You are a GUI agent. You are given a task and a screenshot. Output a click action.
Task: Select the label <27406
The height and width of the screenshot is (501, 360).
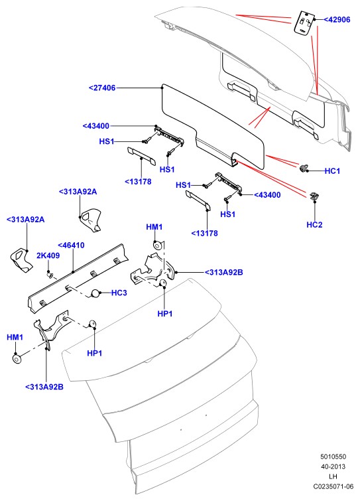102,88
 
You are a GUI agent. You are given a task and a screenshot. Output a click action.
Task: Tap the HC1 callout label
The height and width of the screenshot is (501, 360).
332,171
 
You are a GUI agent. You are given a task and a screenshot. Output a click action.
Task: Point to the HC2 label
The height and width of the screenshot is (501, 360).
314,224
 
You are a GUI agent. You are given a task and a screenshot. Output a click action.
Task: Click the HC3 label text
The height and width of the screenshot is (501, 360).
119,293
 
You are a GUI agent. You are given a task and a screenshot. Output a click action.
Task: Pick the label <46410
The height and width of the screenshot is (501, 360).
71,246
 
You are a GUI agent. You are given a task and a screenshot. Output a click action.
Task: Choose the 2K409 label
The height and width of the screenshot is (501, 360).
48,255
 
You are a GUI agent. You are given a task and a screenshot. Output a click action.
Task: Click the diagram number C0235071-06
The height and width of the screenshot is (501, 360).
333,486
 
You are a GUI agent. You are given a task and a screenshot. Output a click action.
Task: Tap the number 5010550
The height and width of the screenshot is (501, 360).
333,457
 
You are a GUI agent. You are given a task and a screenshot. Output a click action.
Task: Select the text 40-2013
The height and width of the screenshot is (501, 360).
333,466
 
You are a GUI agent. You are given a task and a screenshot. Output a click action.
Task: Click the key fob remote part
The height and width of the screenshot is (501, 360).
304,22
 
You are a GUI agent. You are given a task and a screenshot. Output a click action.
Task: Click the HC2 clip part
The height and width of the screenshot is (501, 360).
314,196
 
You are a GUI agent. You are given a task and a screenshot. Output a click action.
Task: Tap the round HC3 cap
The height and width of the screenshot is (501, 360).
95,293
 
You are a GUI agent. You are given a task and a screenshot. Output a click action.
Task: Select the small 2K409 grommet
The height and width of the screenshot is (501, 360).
50,275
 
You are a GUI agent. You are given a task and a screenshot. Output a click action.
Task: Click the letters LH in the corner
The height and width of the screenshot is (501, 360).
333,476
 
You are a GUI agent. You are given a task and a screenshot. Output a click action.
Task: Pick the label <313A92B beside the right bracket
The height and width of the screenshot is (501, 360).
223,272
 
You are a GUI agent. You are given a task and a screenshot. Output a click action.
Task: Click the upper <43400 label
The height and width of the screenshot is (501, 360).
96,126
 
